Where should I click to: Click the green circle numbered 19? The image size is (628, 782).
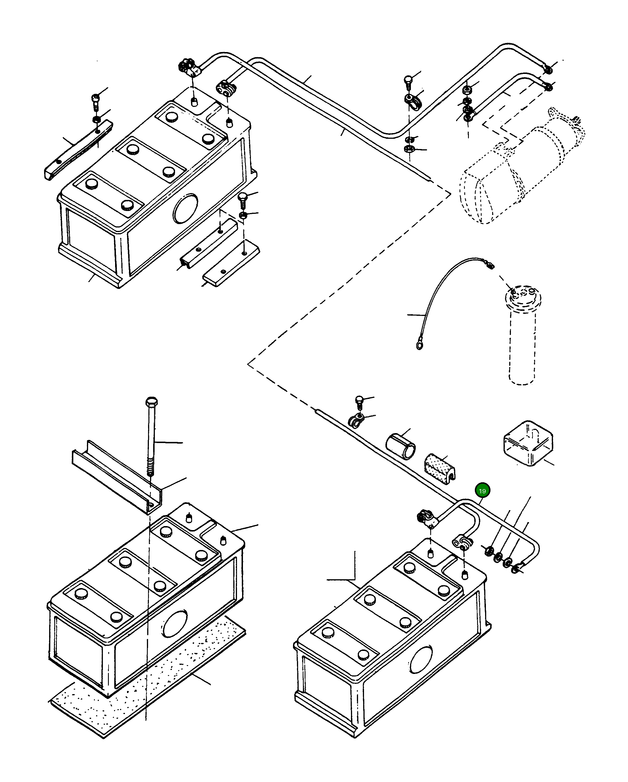482,491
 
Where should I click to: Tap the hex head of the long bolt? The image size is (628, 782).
151,402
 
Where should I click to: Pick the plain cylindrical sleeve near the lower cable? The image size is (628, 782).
400,445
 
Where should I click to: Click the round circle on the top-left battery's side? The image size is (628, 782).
185,208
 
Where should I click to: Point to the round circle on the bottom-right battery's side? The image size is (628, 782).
421,660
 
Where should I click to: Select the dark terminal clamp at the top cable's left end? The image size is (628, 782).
188,68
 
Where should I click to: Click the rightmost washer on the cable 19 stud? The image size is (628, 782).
515,570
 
